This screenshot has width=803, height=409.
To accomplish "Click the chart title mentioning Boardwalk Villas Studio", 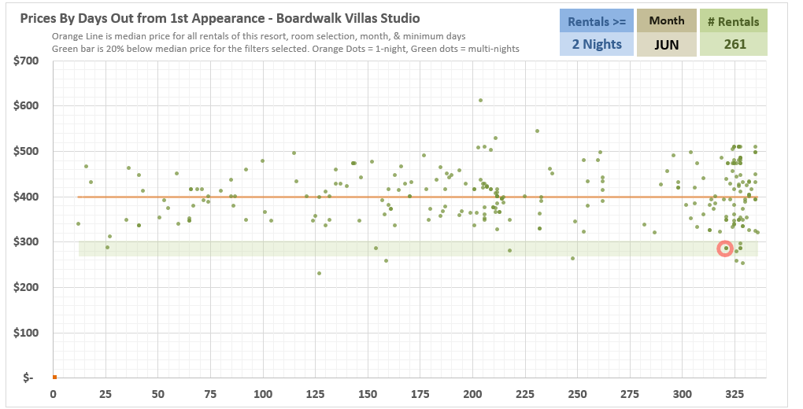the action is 220,18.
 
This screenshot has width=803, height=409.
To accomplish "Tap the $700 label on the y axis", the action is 26,61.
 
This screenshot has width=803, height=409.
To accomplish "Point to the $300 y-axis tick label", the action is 26,242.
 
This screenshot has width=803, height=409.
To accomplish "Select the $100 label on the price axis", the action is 26,333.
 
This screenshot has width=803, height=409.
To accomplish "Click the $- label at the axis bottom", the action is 28,378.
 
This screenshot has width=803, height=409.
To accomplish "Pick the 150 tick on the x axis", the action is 367,394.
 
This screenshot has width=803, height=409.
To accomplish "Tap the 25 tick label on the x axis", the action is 105,394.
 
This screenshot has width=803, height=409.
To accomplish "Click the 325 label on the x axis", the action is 735,394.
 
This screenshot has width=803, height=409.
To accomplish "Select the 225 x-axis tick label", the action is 524,394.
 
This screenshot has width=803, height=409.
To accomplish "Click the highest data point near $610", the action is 480,101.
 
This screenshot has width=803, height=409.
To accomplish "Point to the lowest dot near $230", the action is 319,274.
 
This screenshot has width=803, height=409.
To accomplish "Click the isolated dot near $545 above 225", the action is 537,131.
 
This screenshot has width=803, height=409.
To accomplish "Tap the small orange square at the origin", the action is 54,378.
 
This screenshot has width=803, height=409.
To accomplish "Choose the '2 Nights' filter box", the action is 597,45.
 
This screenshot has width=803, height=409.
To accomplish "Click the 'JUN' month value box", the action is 667,45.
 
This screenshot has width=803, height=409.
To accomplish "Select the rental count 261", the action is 734,45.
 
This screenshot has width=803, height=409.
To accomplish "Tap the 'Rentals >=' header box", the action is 597,21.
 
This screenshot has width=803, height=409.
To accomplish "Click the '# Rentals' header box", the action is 734,21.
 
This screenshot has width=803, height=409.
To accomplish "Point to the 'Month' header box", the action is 667,21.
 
